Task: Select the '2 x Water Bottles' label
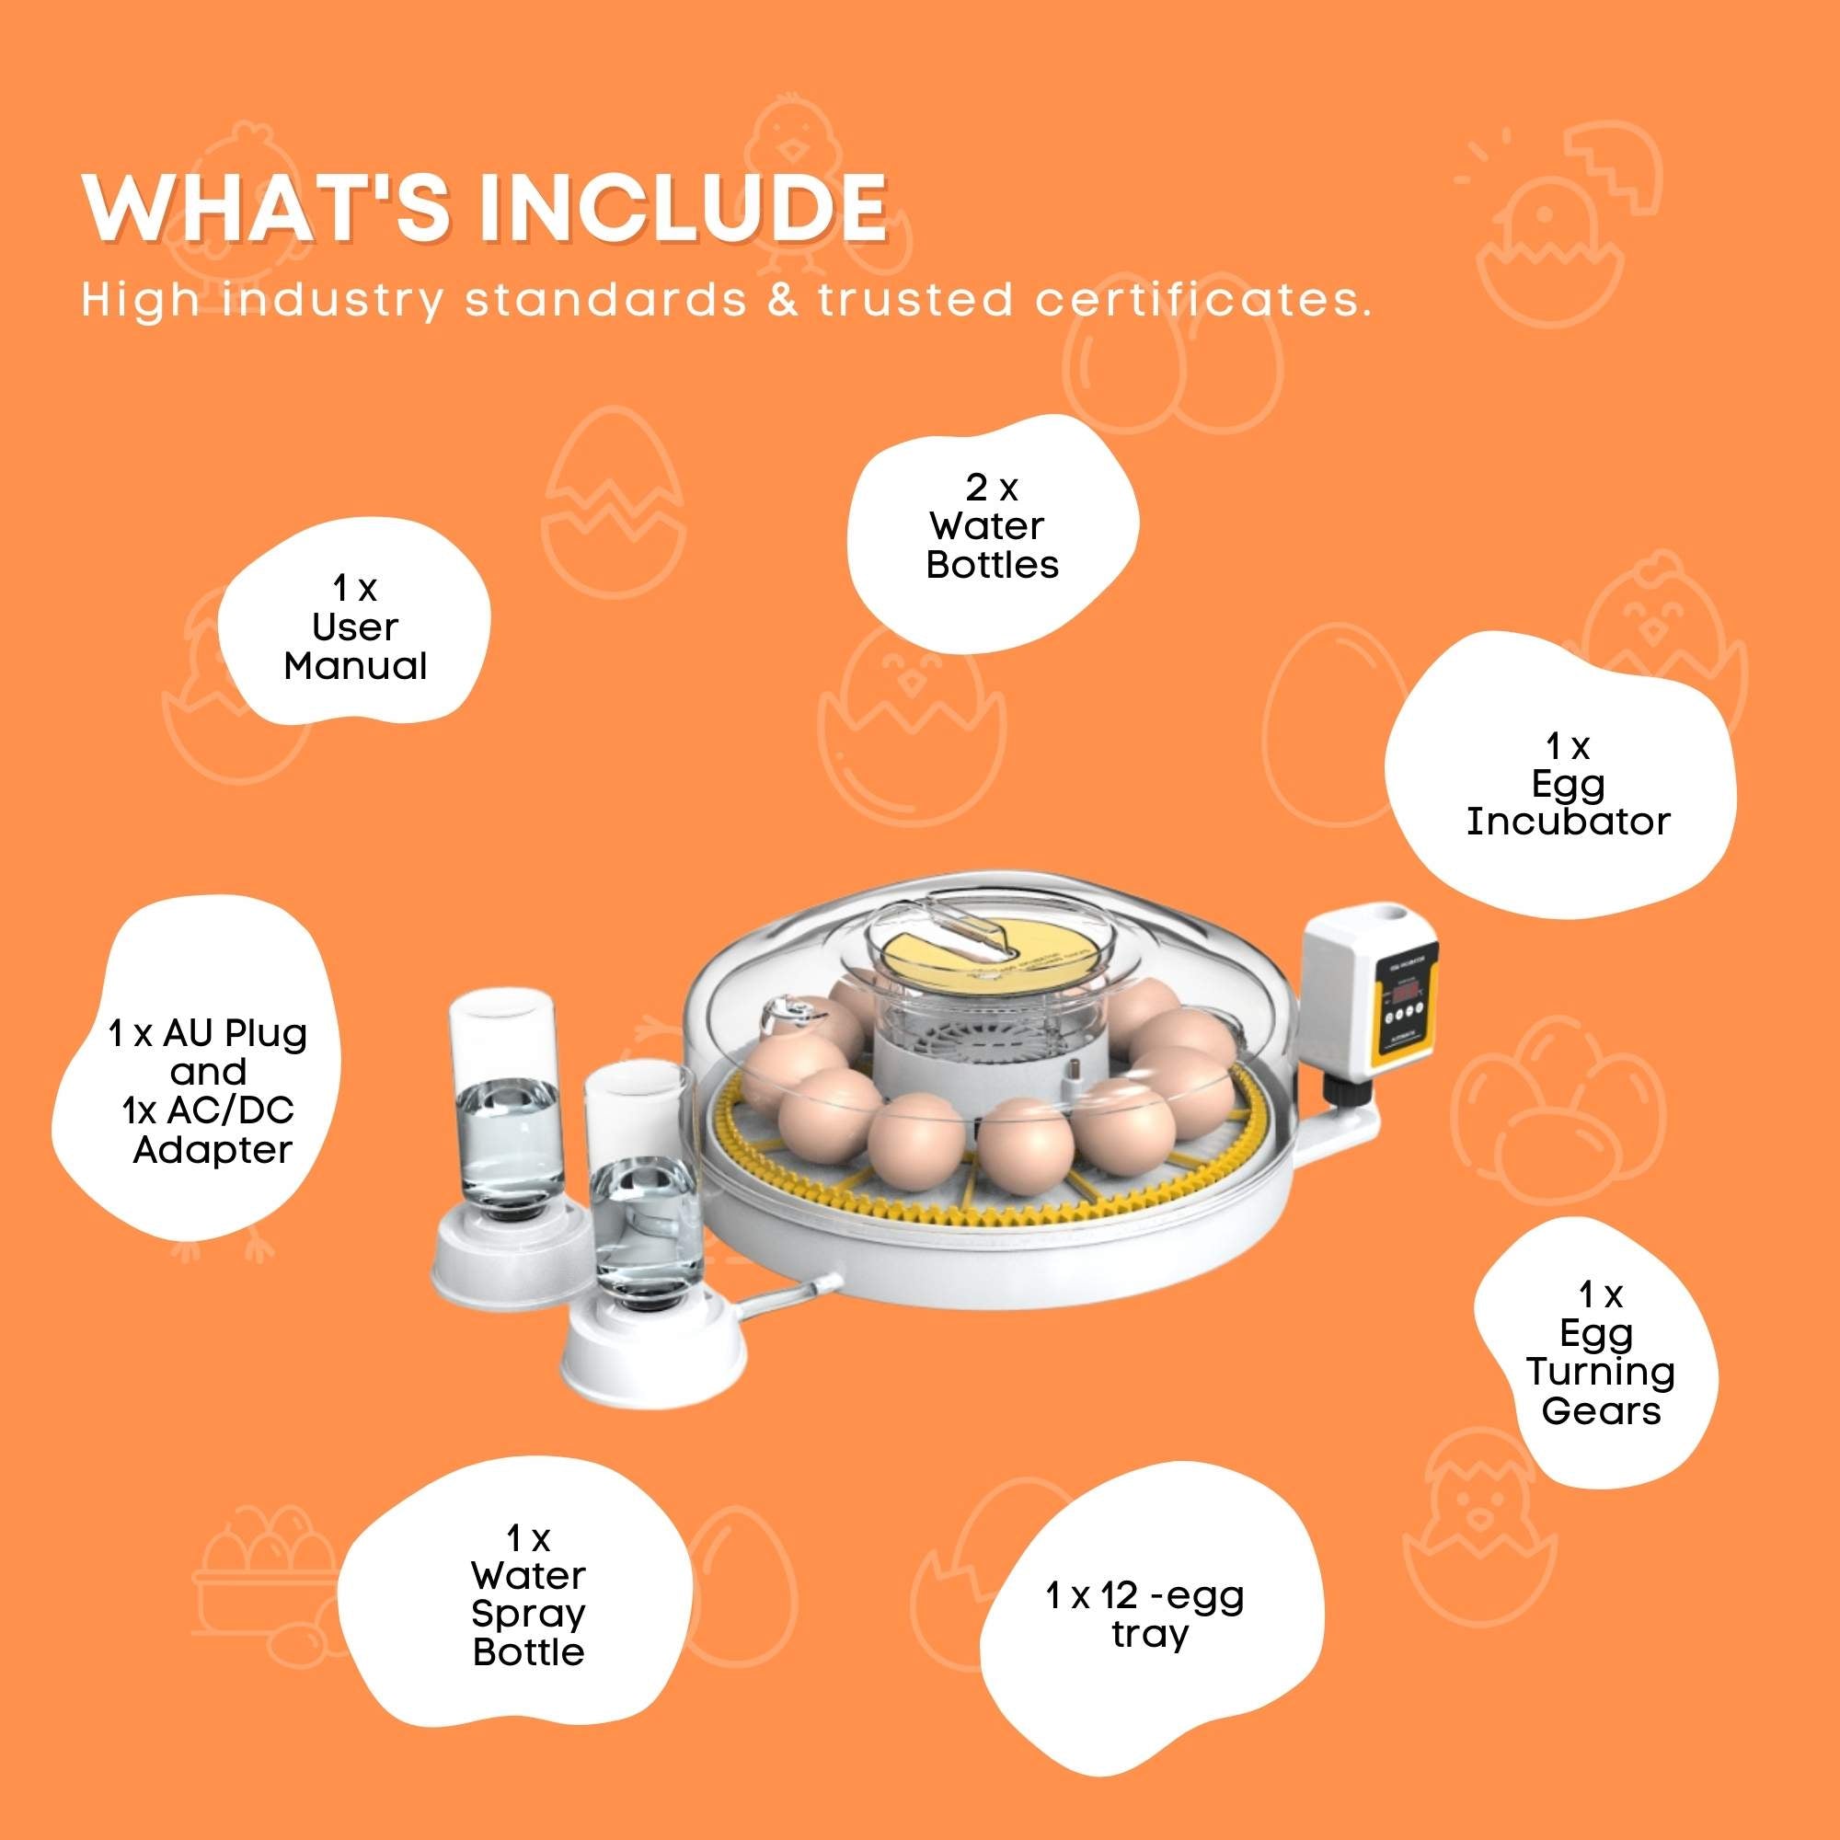pos(992,526)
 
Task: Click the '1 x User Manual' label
pos(355,627)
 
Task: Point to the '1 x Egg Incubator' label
pos(1568,784)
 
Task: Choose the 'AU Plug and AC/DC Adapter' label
pos(210,1090)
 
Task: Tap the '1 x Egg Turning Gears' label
pos(1601,1352)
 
